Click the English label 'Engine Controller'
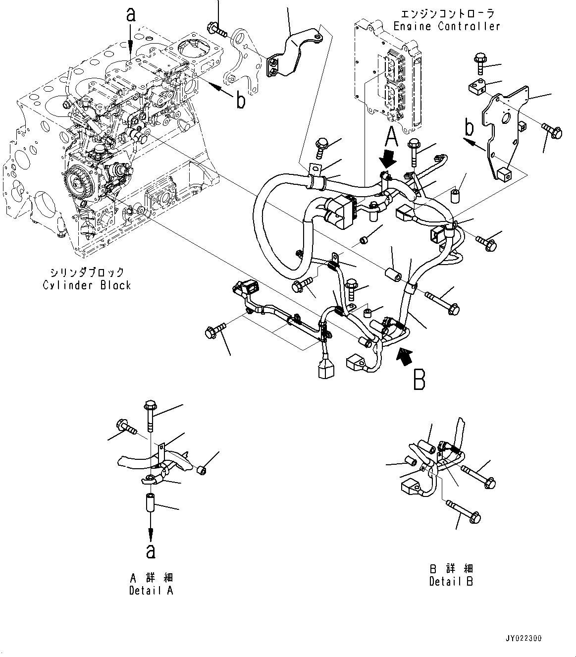(447, 26)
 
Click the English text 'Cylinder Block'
(87, 285)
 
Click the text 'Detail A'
(151, 591)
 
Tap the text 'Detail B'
(451, 581)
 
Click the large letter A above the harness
(392, 135)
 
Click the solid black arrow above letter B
(406, 356)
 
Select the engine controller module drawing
(389, 74)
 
